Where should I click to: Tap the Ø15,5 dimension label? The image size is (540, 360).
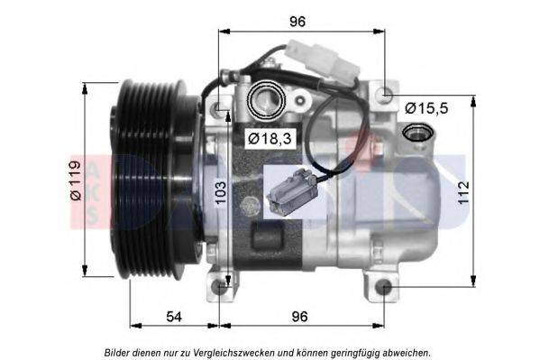426,107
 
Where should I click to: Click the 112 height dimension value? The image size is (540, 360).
462,192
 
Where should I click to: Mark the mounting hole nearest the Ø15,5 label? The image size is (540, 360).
387,92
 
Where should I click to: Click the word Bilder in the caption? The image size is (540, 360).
120,352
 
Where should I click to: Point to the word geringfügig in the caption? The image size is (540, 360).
357,352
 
